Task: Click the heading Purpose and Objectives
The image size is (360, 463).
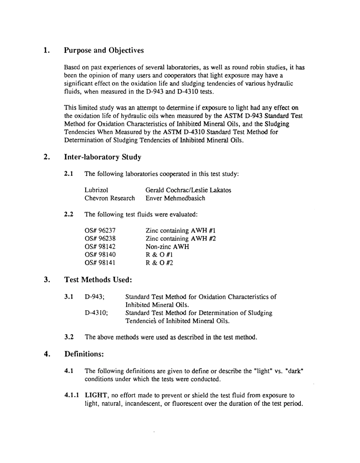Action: tap(104, 50)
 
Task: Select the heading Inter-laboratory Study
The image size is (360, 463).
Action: tap(103, 157)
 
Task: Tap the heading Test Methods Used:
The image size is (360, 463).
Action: tap(98, 280)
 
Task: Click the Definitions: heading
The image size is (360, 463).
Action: tap(84, 354)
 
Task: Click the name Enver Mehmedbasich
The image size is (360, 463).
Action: tap(175, 198)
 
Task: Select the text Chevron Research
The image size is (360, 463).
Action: tap(110, 198)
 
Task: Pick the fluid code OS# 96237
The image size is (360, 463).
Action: tap(100, 230)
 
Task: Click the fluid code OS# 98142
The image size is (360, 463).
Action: tap(100, 247)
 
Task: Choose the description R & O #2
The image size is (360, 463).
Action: tap(159, 263)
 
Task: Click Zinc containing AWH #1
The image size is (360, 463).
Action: tap(180, 230)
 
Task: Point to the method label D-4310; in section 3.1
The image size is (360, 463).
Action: tap(97, 313)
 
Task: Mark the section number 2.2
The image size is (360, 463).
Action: tap(69, 214)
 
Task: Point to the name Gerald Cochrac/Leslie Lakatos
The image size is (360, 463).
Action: tap(188, 190)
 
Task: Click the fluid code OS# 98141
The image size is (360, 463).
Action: tap(100, 263)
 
